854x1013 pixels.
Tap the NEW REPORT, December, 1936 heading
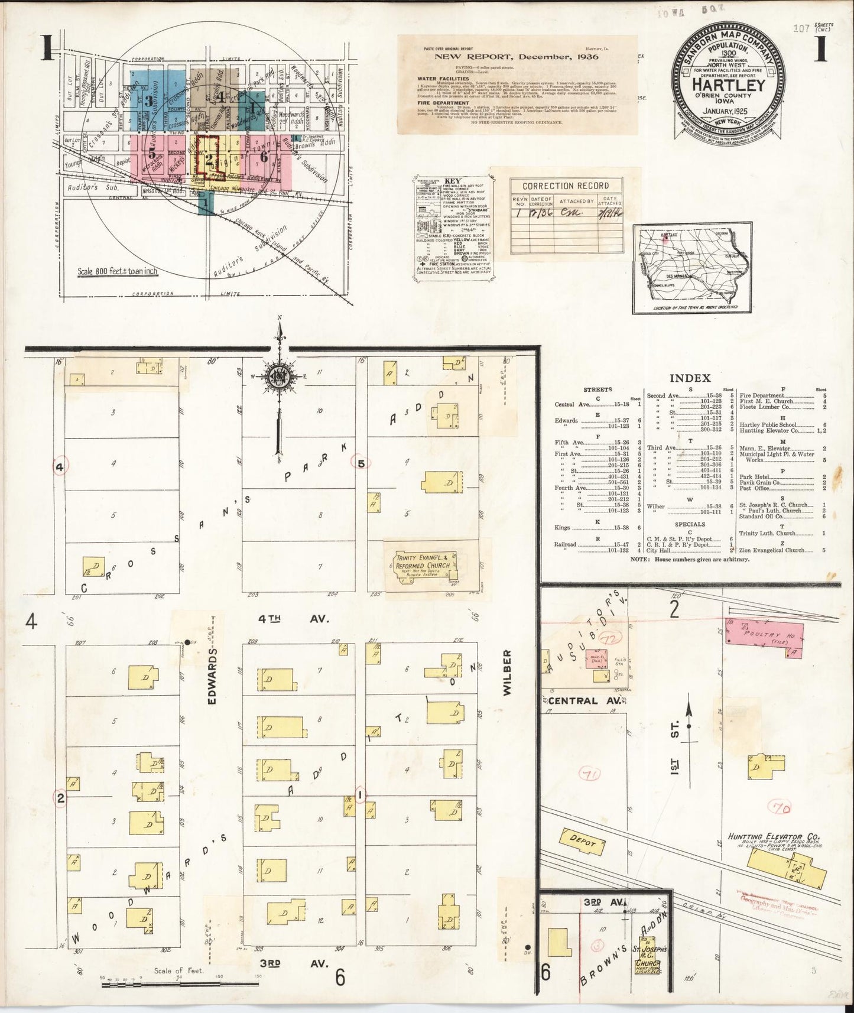point(517,57)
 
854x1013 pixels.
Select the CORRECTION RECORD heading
point(567,186)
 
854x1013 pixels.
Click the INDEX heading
point(690,378)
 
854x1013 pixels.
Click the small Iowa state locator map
point(693,268)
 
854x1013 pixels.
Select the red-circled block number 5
point(361,463)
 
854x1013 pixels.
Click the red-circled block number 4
point(60,467)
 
